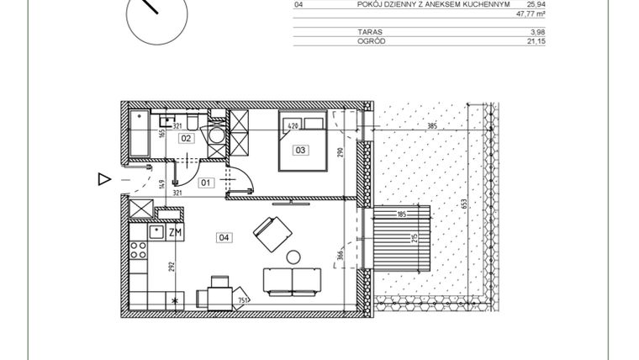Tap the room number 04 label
point(224,237)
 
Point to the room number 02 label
point(187,138)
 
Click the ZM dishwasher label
point(176,232)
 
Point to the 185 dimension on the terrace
point(402,215)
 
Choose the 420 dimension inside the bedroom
point(293,126)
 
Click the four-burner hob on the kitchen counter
point(138,251)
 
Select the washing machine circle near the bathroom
point(218,138)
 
